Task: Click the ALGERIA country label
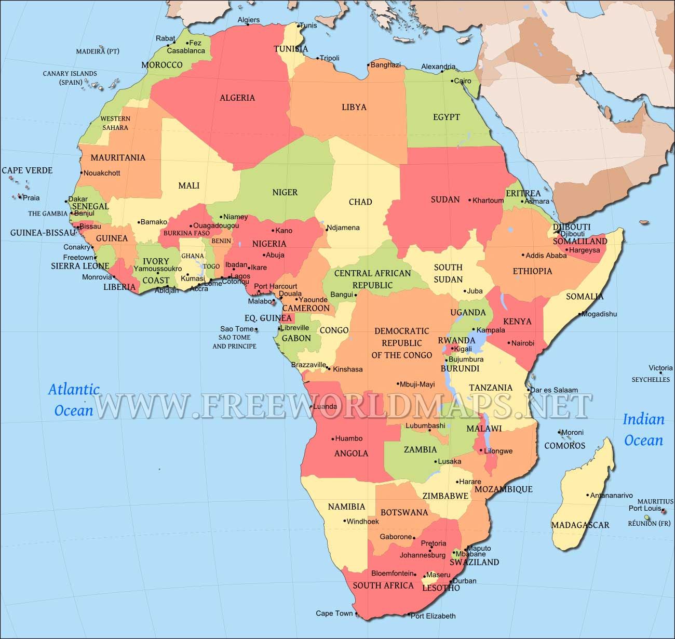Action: click(x=237, y=98)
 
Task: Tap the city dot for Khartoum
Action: click(x=469, y=200)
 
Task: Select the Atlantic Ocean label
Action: click(x=74, y=400)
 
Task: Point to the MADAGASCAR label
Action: click(x=580, y=525)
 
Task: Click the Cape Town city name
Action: click(x=334, y=613)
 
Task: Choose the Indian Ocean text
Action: click(x=643, y=430)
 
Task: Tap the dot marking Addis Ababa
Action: click(x=523, y=255)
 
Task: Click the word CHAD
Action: click(x=360, y=202)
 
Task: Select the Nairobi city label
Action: click(x=522, y=343)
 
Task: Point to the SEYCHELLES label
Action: click(x=651, y=380)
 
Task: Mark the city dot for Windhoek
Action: click(x=344, y=521)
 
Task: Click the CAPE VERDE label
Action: click(x=27, y=170)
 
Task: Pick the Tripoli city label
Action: click(x=329, y=58)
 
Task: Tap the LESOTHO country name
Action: click(x=441, y=588)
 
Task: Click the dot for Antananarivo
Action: click(x=587, y=495)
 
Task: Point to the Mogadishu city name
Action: click(x=599, y=314)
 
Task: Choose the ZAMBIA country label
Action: click(x=420, y=449)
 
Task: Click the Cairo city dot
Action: click(x=452, y=81)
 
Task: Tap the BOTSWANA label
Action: click(x=404, y=512)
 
